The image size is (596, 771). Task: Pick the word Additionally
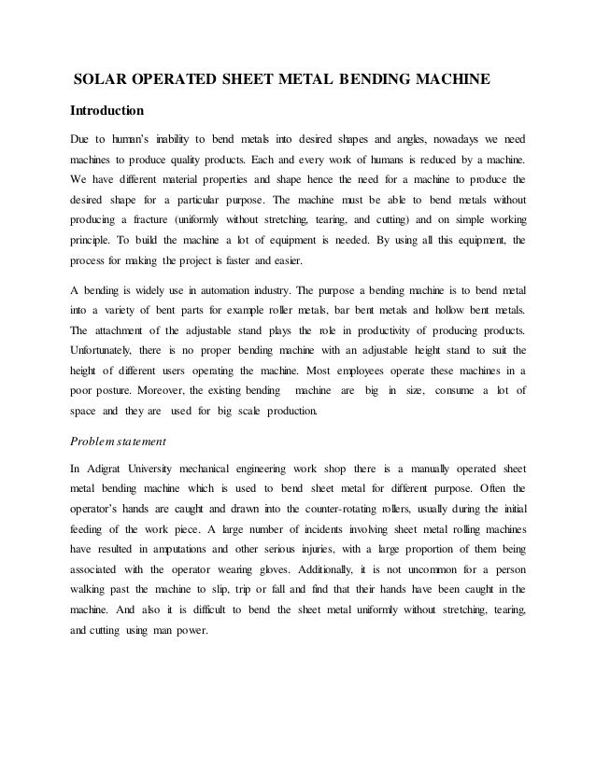click(x=347, y=572)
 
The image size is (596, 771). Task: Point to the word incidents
click(x=283, y=529)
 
